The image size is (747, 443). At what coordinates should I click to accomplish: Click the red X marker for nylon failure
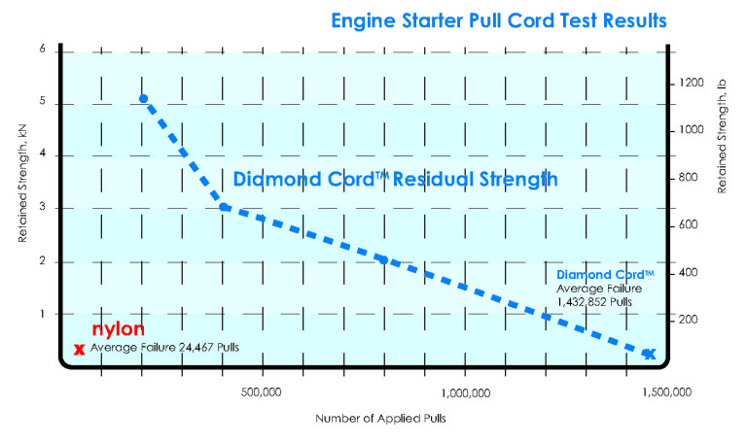point(79,349)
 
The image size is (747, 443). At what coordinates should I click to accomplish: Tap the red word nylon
point(111,330)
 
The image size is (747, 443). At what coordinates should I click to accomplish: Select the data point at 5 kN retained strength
point(143,98)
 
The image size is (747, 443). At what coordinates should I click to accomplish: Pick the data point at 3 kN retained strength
point(224,207)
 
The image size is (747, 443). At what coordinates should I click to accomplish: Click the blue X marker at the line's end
point(649,354)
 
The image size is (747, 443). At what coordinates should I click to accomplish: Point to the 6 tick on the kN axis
point(42,50)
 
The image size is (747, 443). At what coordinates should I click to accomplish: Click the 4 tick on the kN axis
point(42,155)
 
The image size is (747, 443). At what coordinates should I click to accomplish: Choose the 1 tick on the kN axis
point(42,314)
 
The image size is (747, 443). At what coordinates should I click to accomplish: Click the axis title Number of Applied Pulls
point(373,419)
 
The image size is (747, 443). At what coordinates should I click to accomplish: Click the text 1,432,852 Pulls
point(594,302)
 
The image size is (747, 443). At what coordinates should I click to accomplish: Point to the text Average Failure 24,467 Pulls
point(164,347)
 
